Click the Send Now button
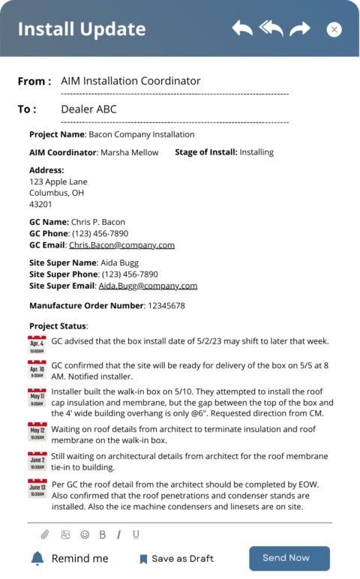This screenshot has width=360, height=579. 289,558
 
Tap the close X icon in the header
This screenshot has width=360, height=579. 334,29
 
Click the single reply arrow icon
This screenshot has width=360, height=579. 242,28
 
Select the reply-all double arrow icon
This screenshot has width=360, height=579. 271,28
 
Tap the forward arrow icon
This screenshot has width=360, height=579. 300,28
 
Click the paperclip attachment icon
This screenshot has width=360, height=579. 45,535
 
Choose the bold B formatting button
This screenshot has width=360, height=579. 103,535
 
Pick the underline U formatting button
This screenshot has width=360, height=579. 136,535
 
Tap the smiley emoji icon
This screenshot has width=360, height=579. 85,535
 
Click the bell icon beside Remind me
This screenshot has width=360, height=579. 37,558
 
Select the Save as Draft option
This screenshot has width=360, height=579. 176,559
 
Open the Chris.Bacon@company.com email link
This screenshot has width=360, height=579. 121,245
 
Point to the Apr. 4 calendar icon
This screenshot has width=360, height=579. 37,345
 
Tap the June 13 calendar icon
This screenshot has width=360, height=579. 37,488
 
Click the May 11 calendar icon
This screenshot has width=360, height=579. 37,397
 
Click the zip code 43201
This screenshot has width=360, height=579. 40,204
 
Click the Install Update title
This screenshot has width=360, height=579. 82,29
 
